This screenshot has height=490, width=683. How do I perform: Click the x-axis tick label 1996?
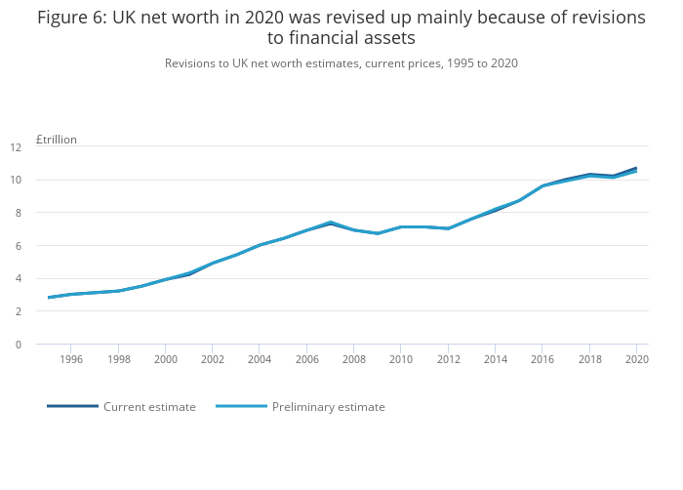[71, 359]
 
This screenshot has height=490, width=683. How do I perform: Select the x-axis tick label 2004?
[260, 359]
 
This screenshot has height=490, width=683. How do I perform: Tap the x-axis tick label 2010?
[401, 359]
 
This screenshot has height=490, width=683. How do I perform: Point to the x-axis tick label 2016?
[542, 359]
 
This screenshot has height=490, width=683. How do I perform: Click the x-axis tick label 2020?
[636, 359]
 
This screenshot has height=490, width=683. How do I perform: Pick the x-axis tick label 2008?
[354, 359]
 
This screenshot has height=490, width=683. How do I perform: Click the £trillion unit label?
[57, 140]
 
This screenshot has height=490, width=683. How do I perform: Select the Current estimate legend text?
[149, 407]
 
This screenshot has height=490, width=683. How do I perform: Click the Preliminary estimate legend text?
[328, 407]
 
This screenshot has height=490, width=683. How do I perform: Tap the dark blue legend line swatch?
[72, 406]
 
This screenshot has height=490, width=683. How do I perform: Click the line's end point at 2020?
[636, 169]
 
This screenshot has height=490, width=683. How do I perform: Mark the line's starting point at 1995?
[48, 298]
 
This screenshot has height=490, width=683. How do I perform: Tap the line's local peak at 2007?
[331, 223]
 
